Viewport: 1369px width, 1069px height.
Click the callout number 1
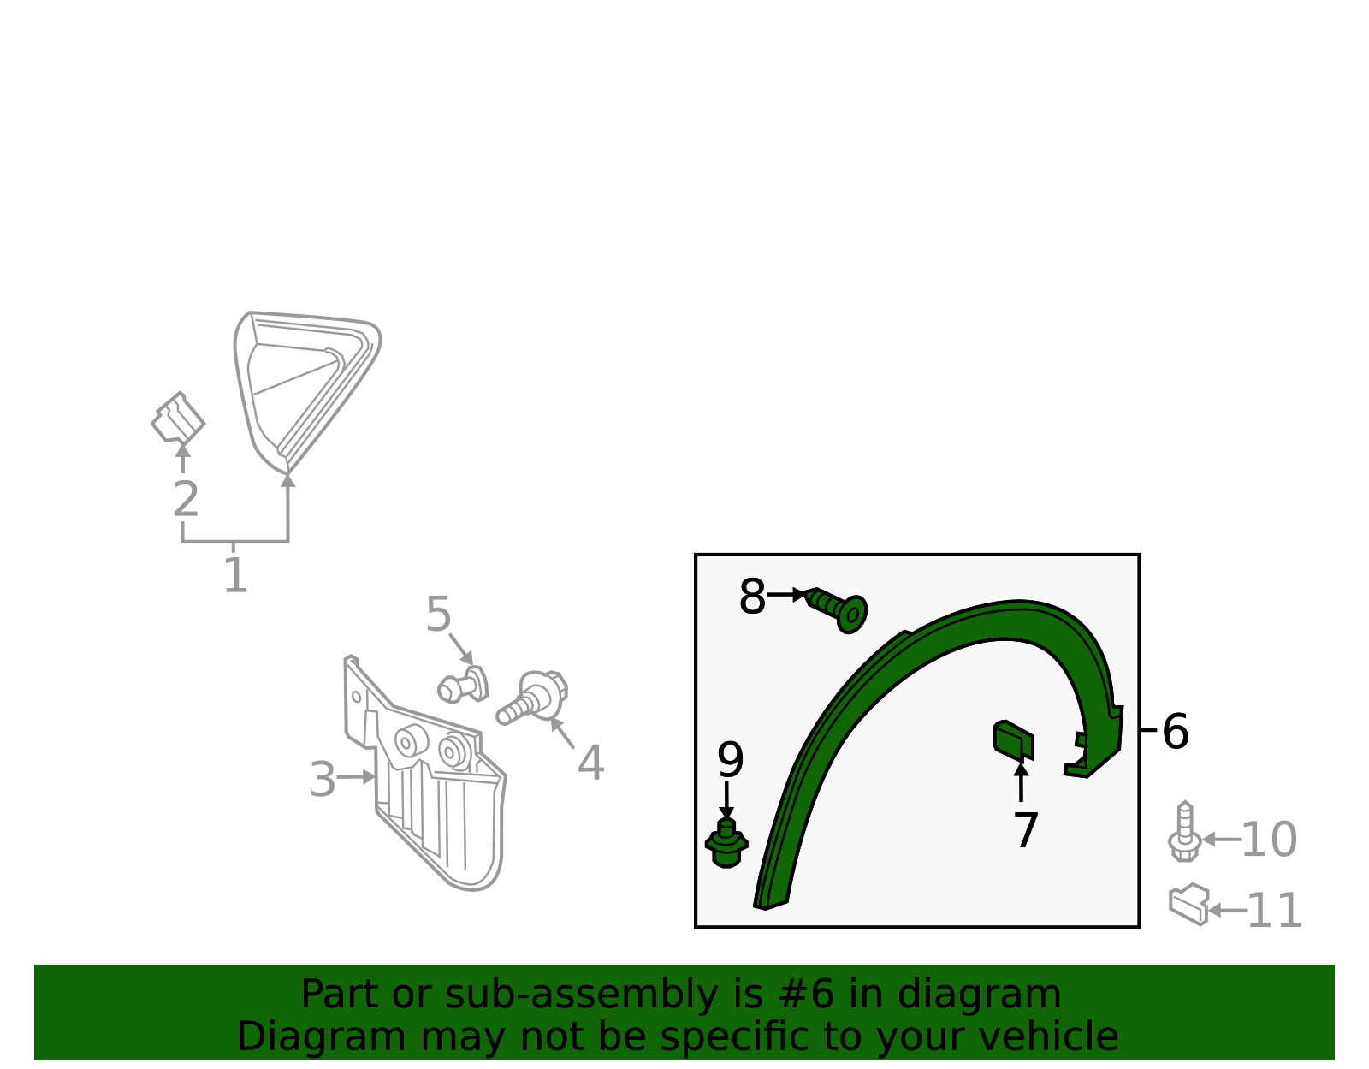(x=235, y=575)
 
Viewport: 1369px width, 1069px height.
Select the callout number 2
(x=186, y=499)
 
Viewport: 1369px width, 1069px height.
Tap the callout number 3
(x=323, y=779)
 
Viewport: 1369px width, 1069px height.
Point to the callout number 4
(x=590, y=763)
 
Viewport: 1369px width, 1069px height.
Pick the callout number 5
(x=438, y=615)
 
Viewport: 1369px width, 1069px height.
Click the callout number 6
(x=1175, y=732)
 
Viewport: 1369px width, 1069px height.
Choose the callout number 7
(x=1026, y=830)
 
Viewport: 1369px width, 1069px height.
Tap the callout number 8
(x=752, y=596)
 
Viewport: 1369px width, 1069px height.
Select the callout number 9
(x=730, y=760)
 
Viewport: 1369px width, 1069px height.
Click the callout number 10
(x=1269, y=840)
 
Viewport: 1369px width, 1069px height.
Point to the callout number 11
(x=1274, y=911)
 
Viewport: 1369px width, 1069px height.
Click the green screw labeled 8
(x=837, y=609)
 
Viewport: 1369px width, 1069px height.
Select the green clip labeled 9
(x=726, y=844)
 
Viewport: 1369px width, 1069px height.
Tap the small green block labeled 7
(x=1013, y=739)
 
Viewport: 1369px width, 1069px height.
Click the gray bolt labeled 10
(x=1184, y=832)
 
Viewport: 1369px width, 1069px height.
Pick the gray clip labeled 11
(x=1188, y=905)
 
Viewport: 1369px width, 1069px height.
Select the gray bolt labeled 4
(x=532, y=697)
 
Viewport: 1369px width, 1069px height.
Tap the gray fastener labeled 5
(x=463, y=686)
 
